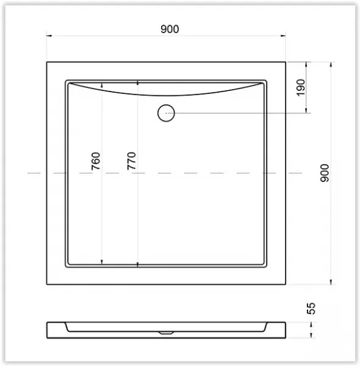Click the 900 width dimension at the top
coord(170,29)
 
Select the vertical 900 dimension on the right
coord(325,173)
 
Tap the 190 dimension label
coord(301,87)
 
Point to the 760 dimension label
coord(96,161)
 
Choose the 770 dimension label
coord(131,161)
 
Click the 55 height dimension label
coord(311,308)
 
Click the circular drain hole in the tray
coord(166,113)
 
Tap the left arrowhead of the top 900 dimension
coord(49,36)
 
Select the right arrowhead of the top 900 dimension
coord(283,36)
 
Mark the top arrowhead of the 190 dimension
coord(306,65)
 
